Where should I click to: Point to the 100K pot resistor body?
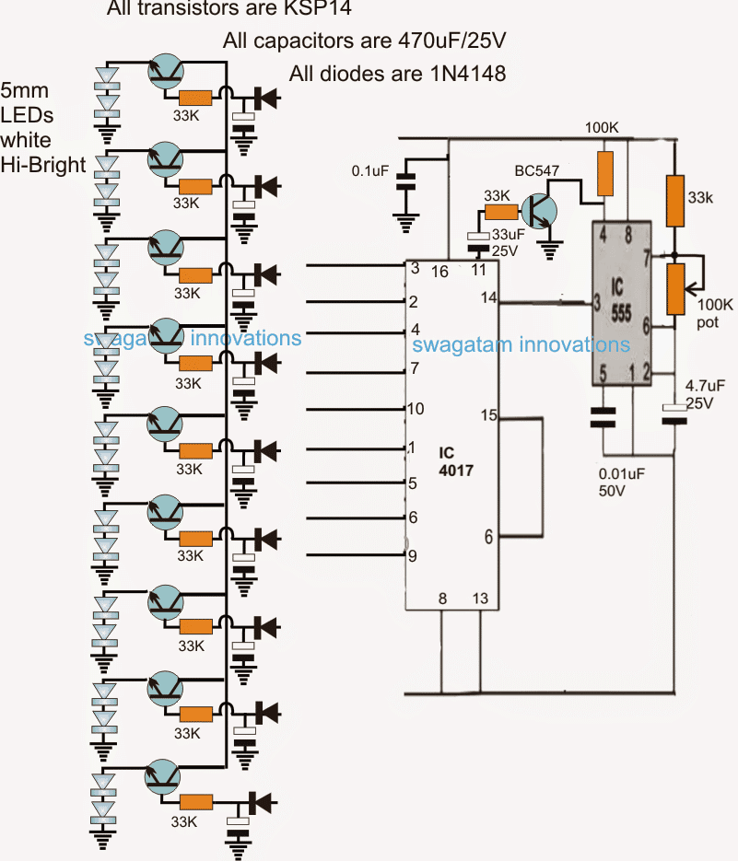click(x=676, y=287)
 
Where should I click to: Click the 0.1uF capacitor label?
click(x=370, y=171)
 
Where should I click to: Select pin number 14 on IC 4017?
click(x=488, y=297)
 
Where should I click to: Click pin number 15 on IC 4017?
click(x=487, y=415)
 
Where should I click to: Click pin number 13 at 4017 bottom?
click(x=481, y=599)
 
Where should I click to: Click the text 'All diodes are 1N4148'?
click(x=397, y=74)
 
